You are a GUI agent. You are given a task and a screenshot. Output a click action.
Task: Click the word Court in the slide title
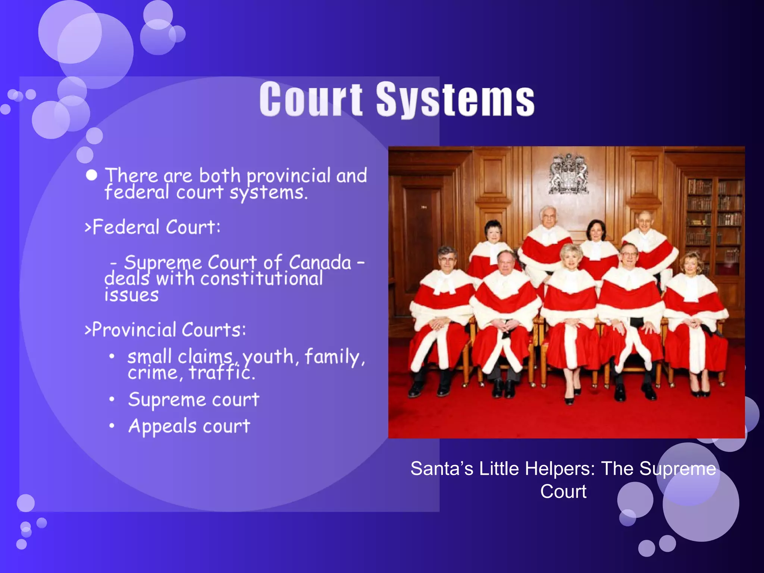tap(311, 99)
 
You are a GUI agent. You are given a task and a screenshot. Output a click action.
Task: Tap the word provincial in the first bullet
tap(288, 175)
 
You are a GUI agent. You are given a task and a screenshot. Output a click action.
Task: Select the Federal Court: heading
tap(153, 227)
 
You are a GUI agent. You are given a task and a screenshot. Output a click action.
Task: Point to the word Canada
tap(320, 262)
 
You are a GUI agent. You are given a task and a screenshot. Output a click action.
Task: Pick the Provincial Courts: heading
tap(166, 330)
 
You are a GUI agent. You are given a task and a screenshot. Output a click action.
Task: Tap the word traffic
tap(222, 372)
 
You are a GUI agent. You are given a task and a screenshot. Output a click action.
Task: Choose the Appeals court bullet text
tap(189, 426)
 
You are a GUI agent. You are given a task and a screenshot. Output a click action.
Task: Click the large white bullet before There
tap(91, 175)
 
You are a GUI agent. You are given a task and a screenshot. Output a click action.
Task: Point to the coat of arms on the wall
tap(569, 175)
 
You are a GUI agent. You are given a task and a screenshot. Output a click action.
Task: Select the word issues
tap(131, 295)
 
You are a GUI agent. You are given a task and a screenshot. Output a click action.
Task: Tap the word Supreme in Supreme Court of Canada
tap(164, 262)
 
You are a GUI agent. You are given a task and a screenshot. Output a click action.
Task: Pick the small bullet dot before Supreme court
tap(112, 400)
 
